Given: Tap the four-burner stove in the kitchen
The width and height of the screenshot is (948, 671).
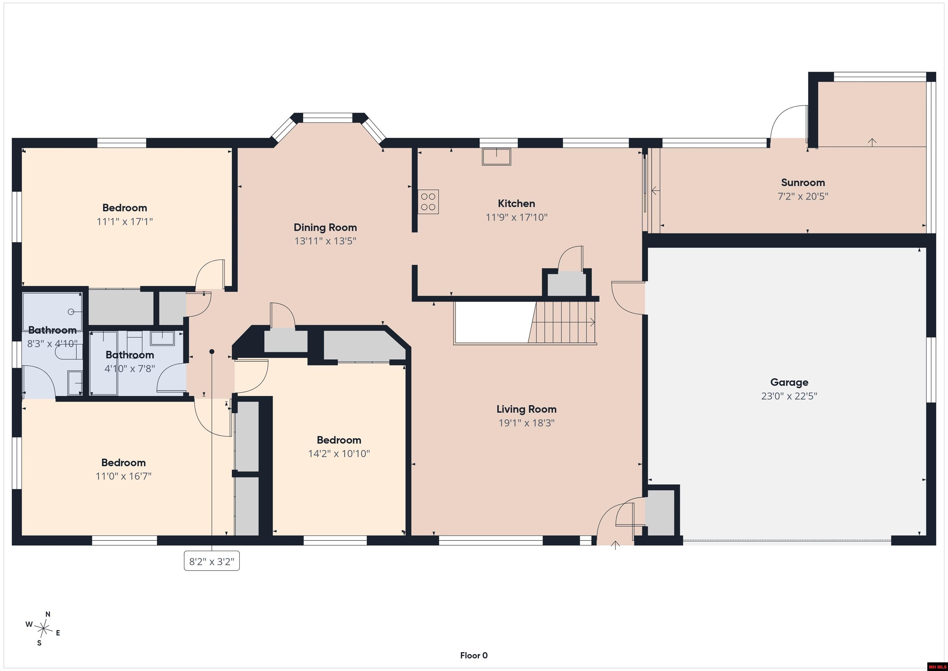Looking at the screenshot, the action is click(428, 202).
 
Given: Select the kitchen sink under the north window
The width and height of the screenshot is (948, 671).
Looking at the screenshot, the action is click(496, 157).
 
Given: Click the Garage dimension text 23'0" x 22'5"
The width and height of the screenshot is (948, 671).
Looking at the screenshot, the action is click(789, 396).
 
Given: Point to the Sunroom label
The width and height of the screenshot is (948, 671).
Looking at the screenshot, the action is click(803, 182).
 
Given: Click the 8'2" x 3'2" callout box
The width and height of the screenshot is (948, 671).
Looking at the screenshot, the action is click(212, 561).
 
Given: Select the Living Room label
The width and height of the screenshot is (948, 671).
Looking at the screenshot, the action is click(526, 409).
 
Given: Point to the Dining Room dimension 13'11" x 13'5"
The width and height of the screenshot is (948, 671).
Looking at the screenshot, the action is click(325, 241).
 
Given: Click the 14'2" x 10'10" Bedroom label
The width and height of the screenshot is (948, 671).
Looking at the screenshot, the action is click(339, 440).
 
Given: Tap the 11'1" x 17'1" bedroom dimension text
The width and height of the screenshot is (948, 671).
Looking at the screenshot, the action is click(125, 221).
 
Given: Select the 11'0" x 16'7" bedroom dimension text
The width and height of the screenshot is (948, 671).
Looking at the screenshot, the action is click(123, 476).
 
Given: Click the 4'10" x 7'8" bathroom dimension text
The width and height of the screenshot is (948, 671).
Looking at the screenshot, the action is click(130, 368).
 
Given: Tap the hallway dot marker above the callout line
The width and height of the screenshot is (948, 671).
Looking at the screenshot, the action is click(212, 352).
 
